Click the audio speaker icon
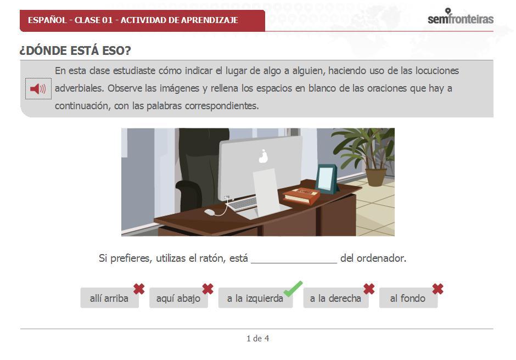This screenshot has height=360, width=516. point(38,88)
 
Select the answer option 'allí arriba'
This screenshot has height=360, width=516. point(109,298)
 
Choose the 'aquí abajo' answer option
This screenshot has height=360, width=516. point(178,298)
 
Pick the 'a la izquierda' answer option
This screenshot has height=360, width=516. point(255,298)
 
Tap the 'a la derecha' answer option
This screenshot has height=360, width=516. point(335,298)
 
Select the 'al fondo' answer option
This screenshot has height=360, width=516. point(408,298)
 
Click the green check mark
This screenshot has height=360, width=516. point(293,289)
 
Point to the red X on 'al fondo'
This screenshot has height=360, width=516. point(438,289)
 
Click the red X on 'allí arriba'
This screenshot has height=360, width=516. point(139,289)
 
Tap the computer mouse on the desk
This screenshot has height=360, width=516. point(210,212)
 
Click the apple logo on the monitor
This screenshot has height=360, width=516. point(263,156)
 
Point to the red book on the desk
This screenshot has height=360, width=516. point(301,195)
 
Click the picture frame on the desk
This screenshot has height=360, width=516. point(327,179)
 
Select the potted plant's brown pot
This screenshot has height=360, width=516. point(376,177)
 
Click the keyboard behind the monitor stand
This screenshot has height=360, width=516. point(242,204)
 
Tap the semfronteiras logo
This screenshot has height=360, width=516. point(461,16)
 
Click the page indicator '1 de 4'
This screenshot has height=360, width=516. point(257,338)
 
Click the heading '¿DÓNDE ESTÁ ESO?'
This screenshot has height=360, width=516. point(75,50)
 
